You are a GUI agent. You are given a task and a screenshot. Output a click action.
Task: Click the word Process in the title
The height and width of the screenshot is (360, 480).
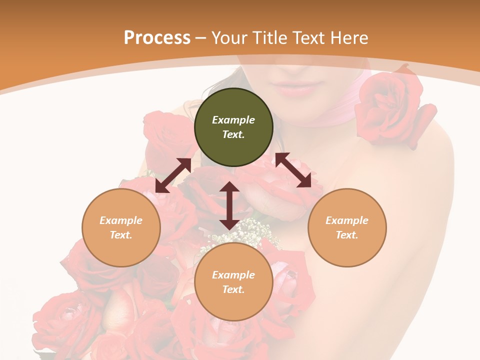157,38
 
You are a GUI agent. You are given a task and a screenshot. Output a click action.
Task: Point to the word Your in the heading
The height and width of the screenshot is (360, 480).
229,38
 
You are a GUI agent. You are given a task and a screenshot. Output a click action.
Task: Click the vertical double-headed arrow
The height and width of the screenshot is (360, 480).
229,205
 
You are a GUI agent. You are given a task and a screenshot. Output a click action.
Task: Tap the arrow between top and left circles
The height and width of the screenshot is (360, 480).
173,175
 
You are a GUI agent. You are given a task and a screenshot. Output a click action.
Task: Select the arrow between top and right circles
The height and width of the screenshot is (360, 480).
293,170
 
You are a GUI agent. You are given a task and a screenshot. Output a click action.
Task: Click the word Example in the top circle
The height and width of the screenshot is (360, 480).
233,120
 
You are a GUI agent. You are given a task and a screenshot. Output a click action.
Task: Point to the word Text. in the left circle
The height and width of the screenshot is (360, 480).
121,235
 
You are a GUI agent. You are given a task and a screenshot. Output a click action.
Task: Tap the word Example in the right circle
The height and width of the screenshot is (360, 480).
347,220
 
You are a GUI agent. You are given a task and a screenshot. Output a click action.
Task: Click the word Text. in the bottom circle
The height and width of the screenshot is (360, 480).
233,289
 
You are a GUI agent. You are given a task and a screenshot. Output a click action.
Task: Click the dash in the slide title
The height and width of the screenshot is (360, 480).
201,38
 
